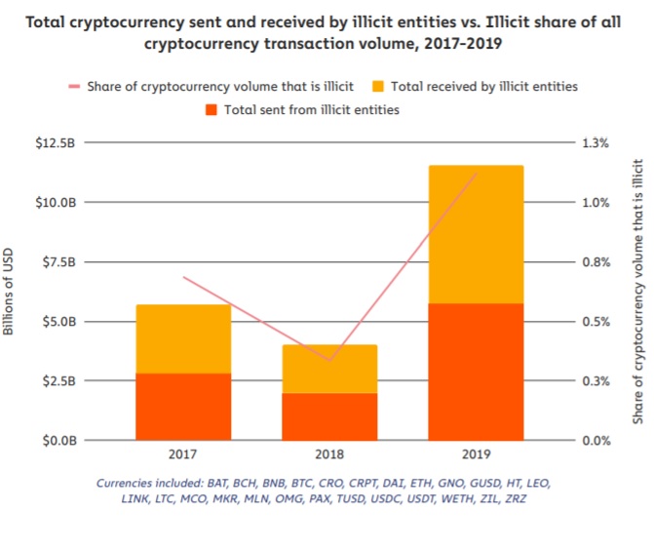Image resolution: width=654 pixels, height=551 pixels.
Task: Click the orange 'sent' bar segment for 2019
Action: (476, 372)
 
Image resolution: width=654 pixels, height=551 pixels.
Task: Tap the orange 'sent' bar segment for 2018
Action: (329, 416)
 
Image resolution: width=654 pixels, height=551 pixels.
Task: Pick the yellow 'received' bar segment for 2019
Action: (476, 234)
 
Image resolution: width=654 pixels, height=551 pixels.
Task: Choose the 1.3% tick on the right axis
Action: (596, 142)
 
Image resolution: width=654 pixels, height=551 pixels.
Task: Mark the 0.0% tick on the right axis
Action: (596, 440)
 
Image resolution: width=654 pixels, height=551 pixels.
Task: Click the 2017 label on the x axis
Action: (183, 454)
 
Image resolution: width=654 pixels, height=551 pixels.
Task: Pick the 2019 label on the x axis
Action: (476, 454)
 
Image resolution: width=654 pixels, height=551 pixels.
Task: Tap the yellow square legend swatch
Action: (378, 86)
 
